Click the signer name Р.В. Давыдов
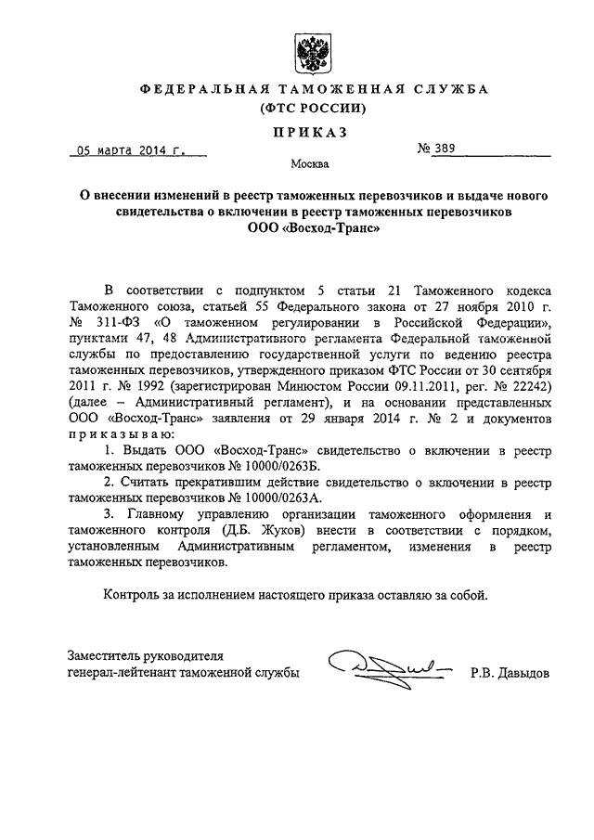tap(510, 670)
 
